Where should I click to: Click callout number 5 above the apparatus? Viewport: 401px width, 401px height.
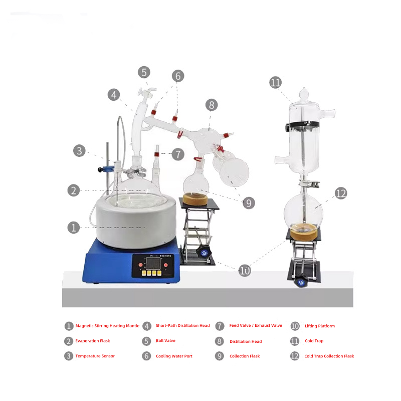[144, 72]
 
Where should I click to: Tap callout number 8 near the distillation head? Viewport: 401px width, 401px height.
[212, 105]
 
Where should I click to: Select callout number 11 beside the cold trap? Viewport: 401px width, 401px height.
[275, 82]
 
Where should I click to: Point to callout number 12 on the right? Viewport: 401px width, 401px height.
[341, 193]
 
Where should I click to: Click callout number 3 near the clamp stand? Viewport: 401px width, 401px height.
[79, 151]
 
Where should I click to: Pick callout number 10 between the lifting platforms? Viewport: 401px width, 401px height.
[245, 271]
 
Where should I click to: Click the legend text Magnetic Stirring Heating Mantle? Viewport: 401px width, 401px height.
[107, 326]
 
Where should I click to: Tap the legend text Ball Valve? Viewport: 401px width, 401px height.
[166, 341]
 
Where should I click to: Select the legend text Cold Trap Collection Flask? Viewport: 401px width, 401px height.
[329, 356]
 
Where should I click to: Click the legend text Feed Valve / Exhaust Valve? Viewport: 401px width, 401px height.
[256, 325]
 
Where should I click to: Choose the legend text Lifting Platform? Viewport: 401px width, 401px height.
[320, 326]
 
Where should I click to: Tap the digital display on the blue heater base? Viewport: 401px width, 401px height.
[153, 263]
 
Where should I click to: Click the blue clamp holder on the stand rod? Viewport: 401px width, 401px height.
[106, 169]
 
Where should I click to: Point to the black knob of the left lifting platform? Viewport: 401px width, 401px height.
[204, 253]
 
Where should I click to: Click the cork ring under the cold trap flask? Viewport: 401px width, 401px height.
[304, 232]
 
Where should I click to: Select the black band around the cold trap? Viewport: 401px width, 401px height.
[302, 125]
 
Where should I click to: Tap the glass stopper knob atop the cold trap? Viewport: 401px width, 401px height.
[304, 94]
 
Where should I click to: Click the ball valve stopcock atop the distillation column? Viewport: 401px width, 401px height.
[147, 94]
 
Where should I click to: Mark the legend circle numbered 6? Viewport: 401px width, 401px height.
[146, 356]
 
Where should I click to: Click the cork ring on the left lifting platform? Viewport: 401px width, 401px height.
[195, 199]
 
